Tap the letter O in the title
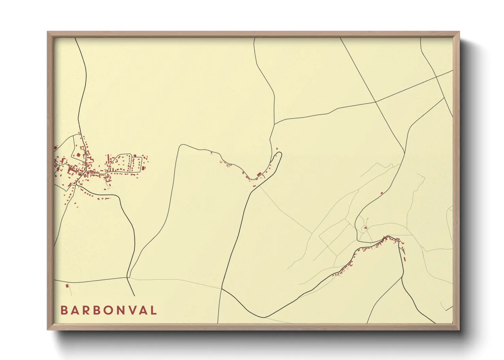[108, 310]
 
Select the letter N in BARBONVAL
[119, 310]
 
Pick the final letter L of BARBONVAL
[153, 310]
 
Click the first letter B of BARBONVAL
[64, 310]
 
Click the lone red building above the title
[67, 285]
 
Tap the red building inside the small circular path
[365, 228]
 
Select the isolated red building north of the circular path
[382, 193]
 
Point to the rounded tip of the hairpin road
[280, 154]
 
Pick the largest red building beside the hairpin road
[259, 174]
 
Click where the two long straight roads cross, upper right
[375, 101]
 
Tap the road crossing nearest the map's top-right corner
[437, 77]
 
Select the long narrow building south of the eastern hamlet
[405, 259]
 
